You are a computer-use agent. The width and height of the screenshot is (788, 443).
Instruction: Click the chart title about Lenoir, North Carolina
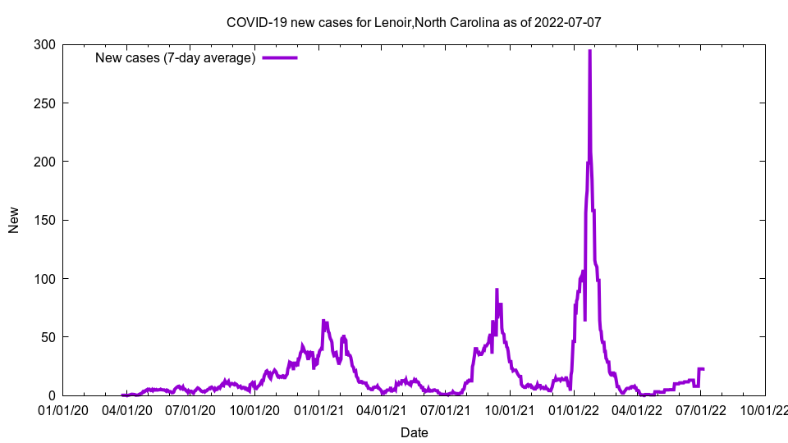coord(414,22)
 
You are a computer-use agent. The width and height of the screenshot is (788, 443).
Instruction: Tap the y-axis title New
coord(14,220)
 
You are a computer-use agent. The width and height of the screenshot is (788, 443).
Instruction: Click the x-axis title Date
coord(414,432)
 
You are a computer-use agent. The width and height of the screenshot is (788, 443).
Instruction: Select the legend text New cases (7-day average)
coord(176,57)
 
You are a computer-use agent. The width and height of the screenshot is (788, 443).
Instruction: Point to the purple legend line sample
coord(279,57)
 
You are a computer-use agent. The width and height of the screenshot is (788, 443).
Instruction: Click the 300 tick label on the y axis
coord(47,44)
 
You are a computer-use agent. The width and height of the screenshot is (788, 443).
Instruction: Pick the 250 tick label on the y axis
coord(47,103)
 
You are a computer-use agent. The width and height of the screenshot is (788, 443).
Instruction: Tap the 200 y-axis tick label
coord(47,162)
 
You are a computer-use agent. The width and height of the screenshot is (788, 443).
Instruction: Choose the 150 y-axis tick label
coord(47,220)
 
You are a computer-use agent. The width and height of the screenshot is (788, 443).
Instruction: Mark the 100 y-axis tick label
coord(47,279)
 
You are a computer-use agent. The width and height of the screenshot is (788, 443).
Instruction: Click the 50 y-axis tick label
coord(50,337)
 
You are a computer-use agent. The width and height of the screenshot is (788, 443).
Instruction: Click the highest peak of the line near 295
coord(589,51)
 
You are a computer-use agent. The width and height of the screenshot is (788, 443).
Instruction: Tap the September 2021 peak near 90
coord(497,290)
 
